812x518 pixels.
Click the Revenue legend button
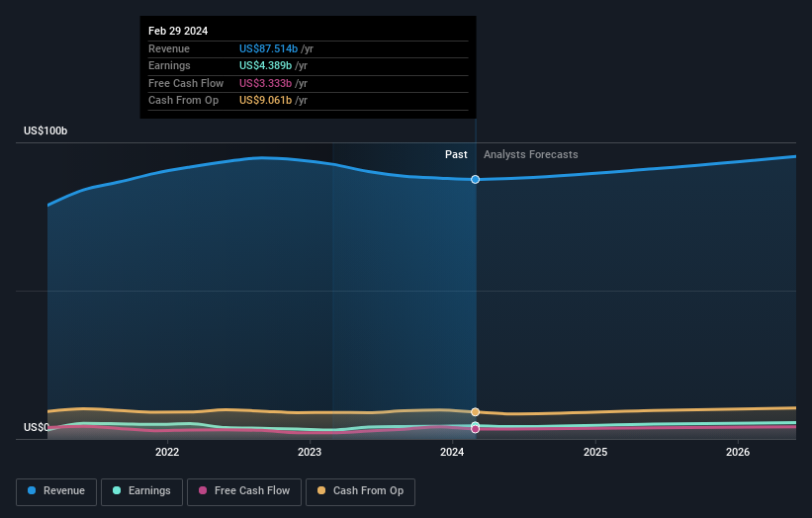click(55, 491)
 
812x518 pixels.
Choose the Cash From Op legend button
click(360, 491)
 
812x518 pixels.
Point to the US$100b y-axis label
click(45, 131)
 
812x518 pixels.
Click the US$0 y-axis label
click(37, 427)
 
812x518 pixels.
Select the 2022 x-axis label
click(167, 452)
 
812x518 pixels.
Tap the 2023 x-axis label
click(310, 452)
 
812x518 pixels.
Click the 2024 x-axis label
click(452, 452)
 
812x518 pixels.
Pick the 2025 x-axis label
click(595, 452)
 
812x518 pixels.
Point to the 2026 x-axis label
click(738, 452)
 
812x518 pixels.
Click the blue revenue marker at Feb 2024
click(476, 179)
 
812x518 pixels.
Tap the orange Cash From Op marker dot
click(476, 411)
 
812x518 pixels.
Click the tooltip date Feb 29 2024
click(179, 32)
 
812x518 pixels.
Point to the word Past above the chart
click(456, 154)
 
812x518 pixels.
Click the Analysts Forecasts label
click(530, 154)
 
